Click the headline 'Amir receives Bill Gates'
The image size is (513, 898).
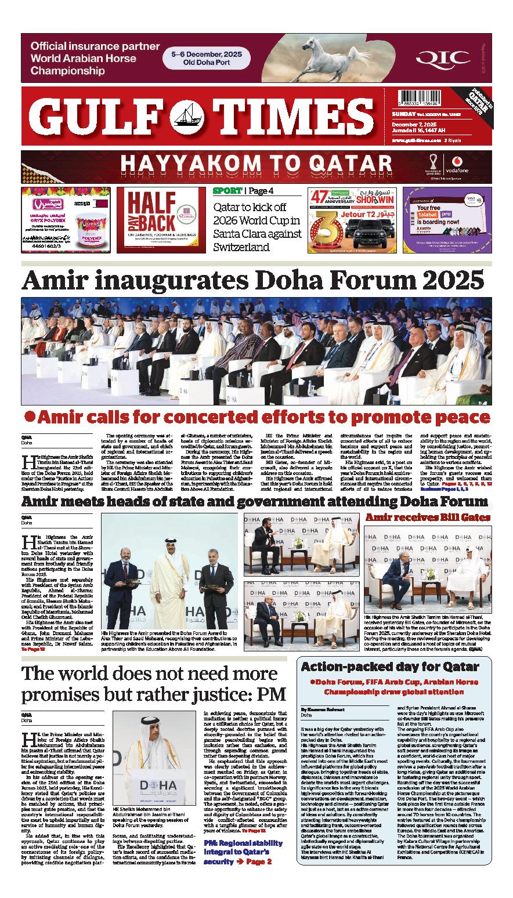click(428, 517)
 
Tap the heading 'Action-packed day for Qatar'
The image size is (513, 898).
click(390, 667)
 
